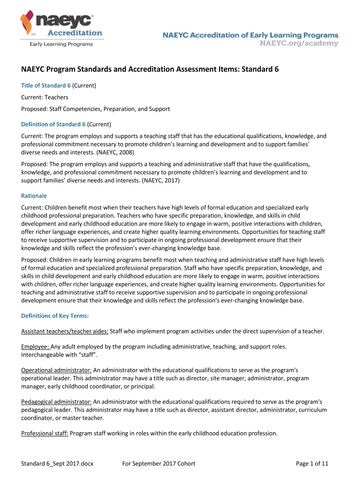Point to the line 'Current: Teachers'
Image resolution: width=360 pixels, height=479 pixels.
pyautogui.click(x=45, y=97)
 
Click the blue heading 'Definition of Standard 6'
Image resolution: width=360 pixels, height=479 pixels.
pyautogui.click(x=53, y=124)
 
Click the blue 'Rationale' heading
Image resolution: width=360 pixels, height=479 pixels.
pyautogui.click(x=34, y=196)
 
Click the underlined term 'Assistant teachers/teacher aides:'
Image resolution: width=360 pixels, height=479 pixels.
pyautogui.click(x=65, y=331)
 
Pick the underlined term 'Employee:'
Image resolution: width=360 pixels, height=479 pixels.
pyautogui.click(x=35, y=347)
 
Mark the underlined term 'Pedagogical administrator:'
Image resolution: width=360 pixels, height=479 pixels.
pyautogui.click(x=56, y=402)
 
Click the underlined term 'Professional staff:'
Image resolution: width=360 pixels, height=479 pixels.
pyautogui.click(x=45, y=433)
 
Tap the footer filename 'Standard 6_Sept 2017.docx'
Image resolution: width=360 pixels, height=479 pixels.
pyautogui.click(x=58, y=464)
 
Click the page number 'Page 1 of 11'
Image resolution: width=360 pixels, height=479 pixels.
pyautogui.click(x=312, y=464)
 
